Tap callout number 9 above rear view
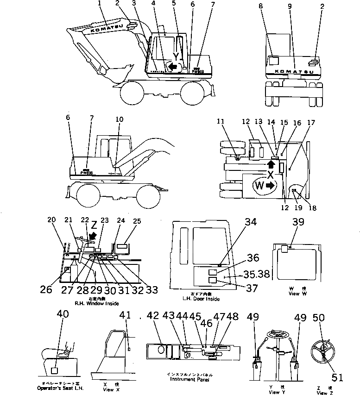click(290, 7)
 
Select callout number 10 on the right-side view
click(120, 119)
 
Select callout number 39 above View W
click(298, 222)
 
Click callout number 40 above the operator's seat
click(63, 314)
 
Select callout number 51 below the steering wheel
click(337, 377)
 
